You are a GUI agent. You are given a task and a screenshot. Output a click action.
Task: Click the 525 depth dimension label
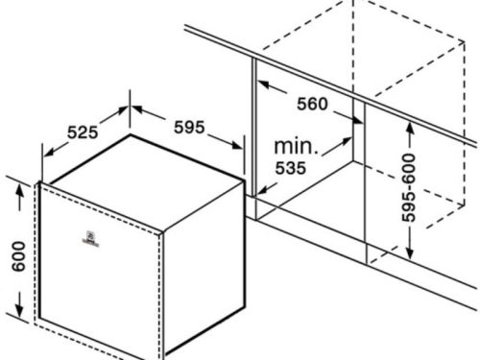tap(84, 132)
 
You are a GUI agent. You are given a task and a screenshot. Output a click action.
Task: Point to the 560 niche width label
tap(311, 104)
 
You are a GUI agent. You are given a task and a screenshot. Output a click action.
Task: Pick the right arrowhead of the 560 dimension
tap(361, 123)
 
